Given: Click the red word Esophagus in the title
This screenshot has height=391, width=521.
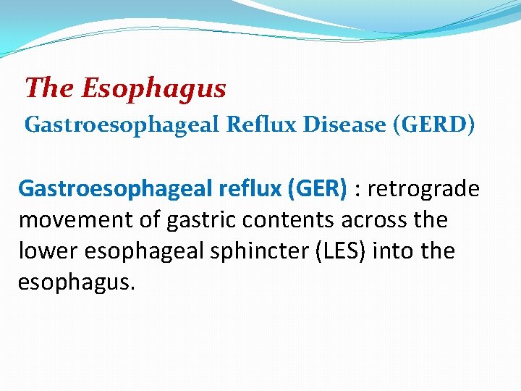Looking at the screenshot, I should click(x=153, y=88).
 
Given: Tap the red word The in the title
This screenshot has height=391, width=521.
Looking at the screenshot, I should click(x=50, y=88).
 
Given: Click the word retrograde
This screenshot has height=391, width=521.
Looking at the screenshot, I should click(x=423, y=189).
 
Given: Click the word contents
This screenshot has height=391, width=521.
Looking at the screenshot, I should click(x=284, y=220).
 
